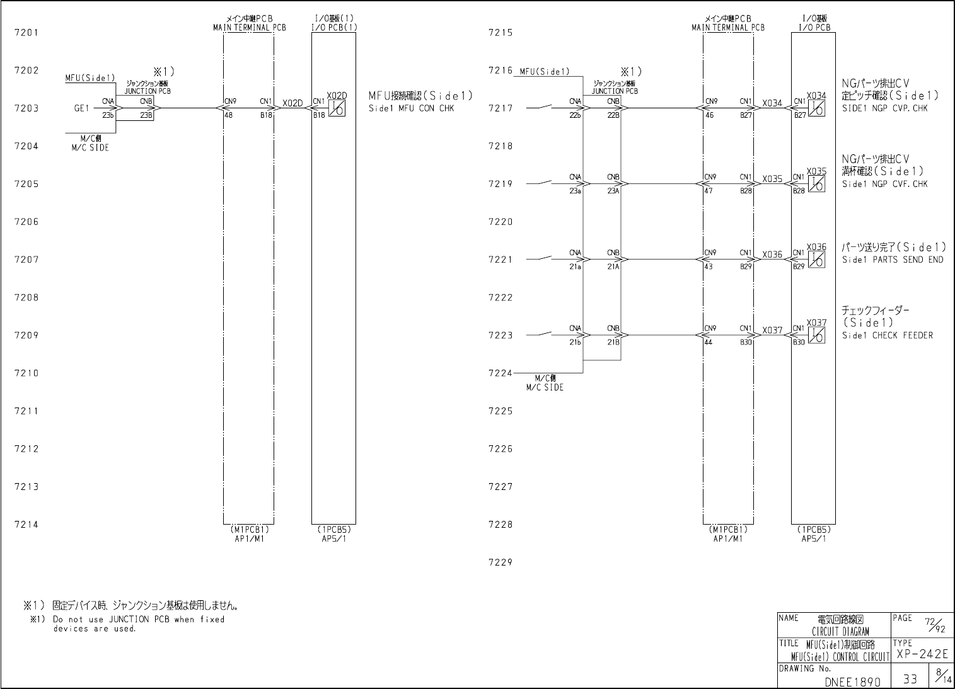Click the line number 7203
[x=26, y=108]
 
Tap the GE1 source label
[x=81, y=108]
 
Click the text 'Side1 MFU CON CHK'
[x=411, y=108]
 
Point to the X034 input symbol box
[x=817, y=109]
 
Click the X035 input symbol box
[x=817, y=185]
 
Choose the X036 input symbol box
[x=817, y=260]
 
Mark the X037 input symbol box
[x=817, y=336]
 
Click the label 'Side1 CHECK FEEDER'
[x=887, y=336]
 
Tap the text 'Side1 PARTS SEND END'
[x=893, y=259]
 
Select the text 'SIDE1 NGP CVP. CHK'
[x=885, y=108]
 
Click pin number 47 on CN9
[x=710, y=191]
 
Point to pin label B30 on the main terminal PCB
[x=746, y=342]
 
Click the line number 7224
[x=501, y=373]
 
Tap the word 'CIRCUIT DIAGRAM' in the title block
[x=840, y=631]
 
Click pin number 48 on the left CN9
[x=228, y=115]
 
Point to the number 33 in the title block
[x=910, y=680]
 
